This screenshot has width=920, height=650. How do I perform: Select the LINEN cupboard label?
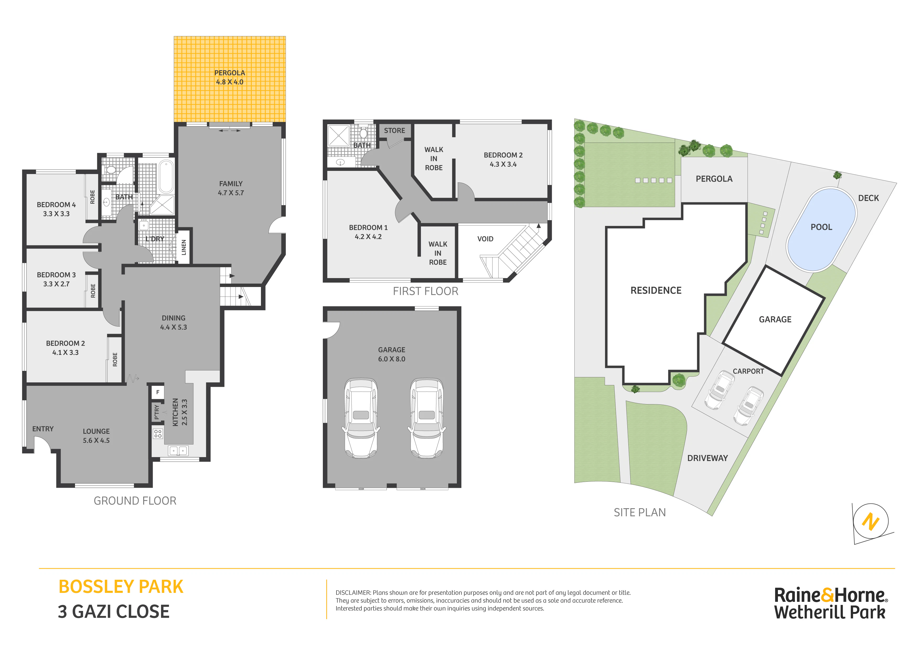click(x=184, y=247)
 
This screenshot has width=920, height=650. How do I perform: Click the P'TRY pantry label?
click(x=157, y=412)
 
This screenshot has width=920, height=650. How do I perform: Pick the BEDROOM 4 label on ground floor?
click(x=56, y=205)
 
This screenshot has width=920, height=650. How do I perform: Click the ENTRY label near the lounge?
click(x=43, y=429)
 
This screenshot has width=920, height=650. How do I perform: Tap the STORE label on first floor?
click(x=394, y=131)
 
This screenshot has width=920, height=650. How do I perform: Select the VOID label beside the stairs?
click(x=485, y=239)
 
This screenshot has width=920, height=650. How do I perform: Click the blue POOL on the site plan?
click(x=821, y=230)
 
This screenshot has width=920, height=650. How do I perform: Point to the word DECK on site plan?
click(x=868, y=198)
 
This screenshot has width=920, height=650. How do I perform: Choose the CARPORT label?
click(x=748, y=371)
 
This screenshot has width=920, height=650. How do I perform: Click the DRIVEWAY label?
click(x=708, y=458)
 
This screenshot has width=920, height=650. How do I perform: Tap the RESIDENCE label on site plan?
click(x=656, y=290)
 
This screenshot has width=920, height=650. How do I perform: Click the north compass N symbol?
click(x=871, y=522)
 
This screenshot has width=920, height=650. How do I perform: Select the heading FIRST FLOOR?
click(x=426, y=291)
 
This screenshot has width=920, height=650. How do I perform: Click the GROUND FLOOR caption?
click(x=135, y=501)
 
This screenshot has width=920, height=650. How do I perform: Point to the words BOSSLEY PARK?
click(x=121, y=587)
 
